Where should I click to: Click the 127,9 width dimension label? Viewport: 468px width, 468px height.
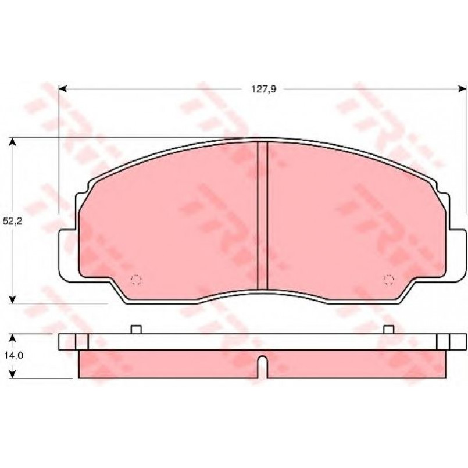click(263, 89)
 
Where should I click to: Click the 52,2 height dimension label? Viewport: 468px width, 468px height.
click(12, 221)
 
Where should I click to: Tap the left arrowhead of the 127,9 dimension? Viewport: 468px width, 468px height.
click(62, 88)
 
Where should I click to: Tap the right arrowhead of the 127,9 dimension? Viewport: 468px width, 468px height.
click(462, 88)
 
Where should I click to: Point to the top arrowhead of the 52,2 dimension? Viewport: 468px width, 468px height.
click(12, 141)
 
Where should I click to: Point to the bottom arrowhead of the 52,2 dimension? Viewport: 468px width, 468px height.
click(12, 299)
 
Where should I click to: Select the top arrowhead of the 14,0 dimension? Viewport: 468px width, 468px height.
click(12, 338)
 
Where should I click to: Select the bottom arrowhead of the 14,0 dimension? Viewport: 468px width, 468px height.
click(12, 374)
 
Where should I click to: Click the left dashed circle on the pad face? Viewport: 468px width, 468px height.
click(136, 280)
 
